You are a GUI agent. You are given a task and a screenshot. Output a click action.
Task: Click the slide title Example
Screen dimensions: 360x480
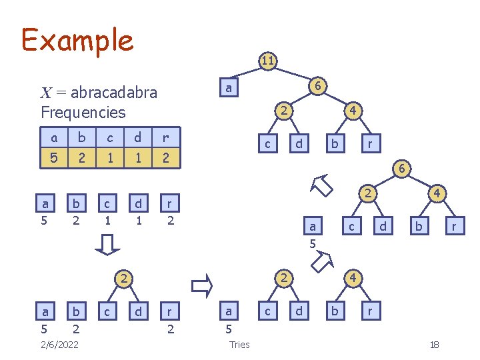[x=77, y=40]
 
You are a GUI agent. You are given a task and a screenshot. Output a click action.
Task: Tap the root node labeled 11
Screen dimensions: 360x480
[x=267, y=61]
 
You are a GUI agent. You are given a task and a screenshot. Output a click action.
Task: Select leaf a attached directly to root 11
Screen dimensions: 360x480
[x=229, y=88]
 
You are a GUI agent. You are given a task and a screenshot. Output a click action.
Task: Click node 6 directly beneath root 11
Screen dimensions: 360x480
[x=319, y=86]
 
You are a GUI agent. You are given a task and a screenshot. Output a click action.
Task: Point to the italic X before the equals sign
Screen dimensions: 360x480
[x=45, y=93]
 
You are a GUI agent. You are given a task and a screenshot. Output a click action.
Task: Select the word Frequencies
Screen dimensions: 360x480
[x=83, y=111]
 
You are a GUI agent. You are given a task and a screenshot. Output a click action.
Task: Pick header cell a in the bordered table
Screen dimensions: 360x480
[x=54, y=138]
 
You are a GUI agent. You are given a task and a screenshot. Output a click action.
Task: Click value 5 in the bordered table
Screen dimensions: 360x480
[x=54, y=159]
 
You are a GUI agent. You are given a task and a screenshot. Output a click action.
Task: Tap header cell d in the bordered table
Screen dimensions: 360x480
[x=137, y=138]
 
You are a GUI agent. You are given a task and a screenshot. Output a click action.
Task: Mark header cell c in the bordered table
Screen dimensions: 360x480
[x=108, y=138]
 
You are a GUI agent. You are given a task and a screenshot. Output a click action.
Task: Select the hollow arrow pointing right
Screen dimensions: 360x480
[x=201, y=287]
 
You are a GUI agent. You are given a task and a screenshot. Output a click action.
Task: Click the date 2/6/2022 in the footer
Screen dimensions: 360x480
[x=59, y=344]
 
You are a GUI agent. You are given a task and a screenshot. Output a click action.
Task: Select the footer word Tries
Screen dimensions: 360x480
[x=239, y=344]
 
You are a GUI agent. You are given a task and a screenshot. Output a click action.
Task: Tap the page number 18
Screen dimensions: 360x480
[x=434, y=344]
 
